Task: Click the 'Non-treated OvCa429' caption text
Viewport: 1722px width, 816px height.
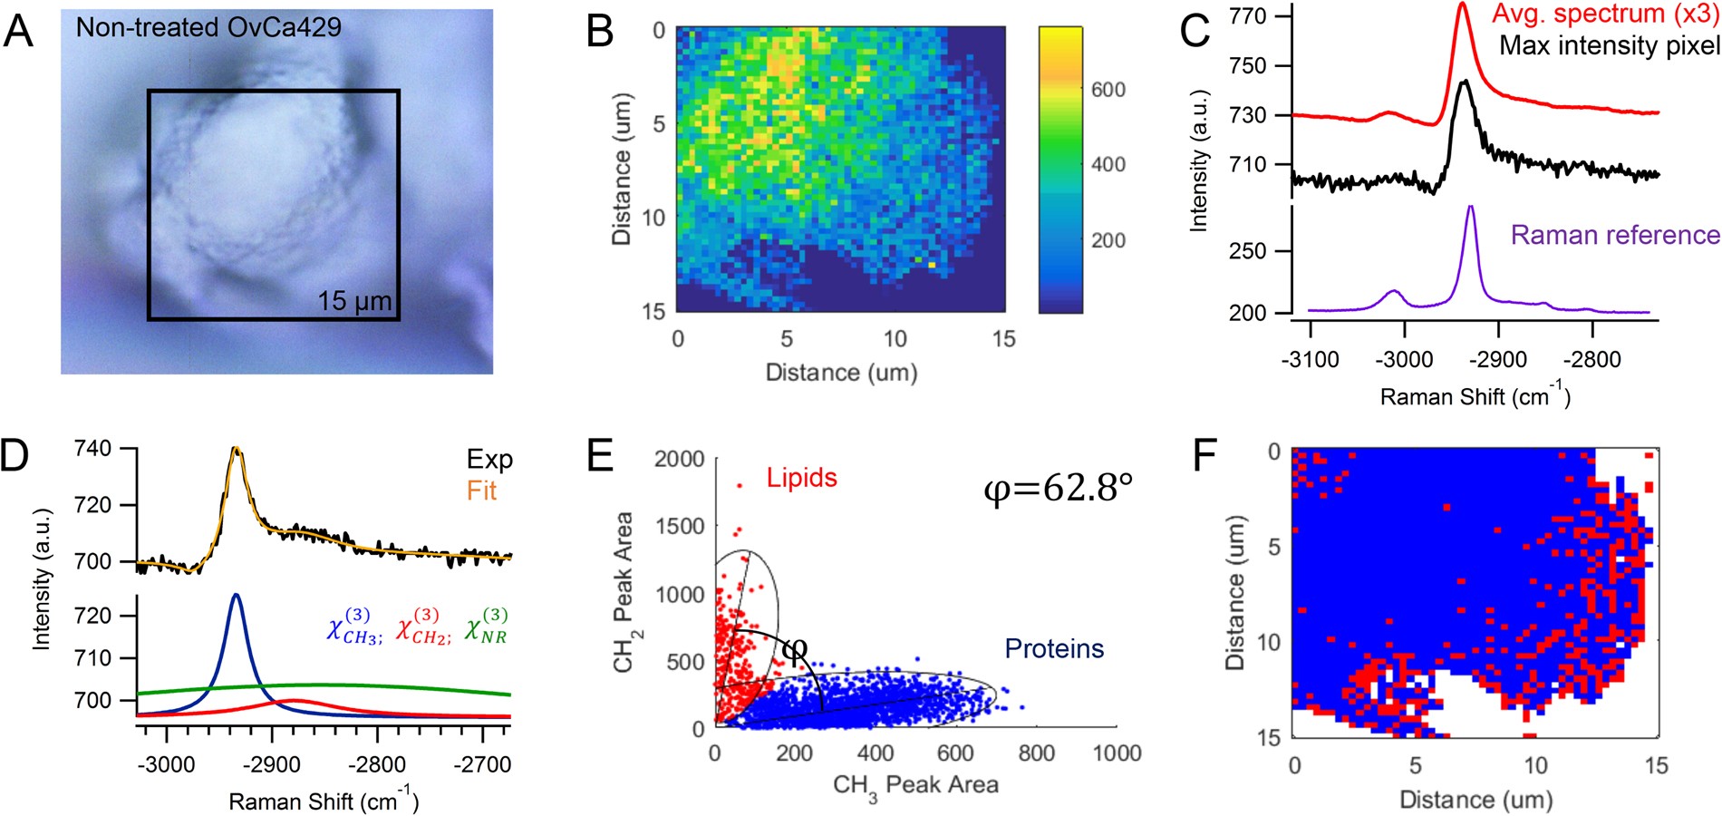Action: (x=208, y=27)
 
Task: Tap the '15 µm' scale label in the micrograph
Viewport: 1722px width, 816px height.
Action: (x=354, y=301)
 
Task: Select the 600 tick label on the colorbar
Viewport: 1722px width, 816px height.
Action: (x=1108, y=90)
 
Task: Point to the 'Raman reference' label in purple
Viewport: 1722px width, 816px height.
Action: (x=1614, y=236)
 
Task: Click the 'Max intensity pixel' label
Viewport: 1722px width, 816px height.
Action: (x=1609, y=45)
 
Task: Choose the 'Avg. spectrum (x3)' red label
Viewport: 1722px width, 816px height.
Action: (x=1604, y=15)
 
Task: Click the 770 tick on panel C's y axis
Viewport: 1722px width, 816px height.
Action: (x=1248, y=16)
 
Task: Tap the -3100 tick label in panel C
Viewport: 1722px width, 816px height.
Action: (x=1310, y=360)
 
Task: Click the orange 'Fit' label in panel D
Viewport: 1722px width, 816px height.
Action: (x=481, y=491)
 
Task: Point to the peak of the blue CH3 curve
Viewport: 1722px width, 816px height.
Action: (x=237, y=595)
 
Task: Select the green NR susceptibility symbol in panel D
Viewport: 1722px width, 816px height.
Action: (x=486, y=627)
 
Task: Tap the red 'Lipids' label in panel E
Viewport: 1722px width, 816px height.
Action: (x=801, y=479)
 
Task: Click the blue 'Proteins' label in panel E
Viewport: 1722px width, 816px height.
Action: (x=1054, y=649)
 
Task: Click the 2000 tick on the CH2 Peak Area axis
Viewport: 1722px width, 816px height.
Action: (x=679, y=460)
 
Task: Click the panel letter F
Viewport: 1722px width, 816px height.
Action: (x=1204, y=456)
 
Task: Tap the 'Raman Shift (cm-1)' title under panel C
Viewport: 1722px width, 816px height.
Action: (x=1475, y=396)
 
